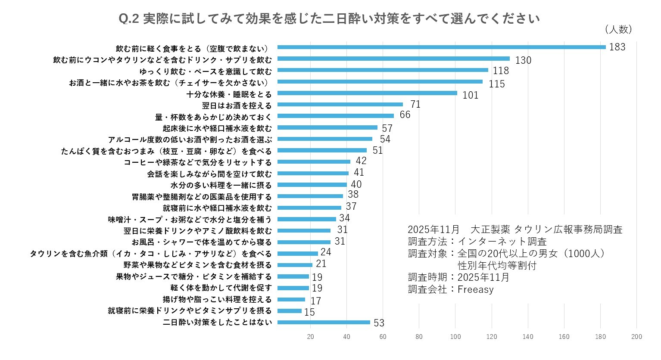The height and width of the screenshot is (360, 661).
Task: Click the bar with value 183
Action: pos(441,47)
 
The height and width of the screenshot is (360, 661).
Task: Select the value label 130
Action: pos(523,60)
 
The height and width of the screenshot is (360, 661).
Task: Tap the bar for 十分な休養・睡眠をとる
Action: pos(367,93)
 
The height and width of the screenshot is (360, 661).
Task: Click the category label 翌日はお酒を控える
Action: pos(237,106)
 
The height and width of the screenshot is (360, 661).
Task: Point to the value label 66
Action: pos(405,115)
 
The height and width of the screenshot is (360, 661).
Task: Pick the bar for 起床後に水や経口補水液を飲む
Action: pos(327,127)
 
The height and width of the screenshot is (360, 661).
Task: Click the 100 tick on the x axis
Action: pos(455,337)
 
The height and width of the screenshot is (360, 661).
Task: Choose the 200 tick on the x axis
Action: pos(636,337)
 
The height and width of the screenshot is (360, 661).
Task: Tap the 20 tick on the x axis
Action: pos(311,337)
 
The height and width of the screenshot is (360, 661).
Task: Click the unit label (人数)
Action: pos(618,29)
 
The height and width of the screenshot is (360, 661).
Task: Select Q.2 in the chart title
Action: pos(128,19)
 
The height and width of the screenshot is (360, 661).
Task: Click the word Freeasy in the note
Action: pos(475,289)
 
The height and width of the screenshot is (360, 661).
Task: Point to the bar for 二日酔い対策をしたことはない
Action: pos(324,322)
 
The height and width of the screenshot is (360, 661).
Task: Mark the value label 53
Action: pos(379,323)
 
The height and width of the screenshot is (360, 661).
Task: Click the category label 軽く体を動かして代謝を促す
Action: pos(221,288)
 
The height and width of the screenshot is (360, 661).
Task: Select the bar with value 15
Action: pos(290,311)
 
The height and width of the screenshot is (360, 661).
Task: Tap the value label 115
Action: pos(496,84)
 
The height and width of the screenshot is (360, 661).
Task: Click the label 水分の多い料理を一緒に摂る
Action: pos(221,185)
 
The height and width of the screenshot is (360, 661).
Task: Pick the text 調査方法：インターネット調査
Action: pos(477,241)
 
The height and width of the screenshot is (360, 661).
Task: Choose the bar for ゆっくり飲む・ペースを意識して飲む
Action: pos(383,70)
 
